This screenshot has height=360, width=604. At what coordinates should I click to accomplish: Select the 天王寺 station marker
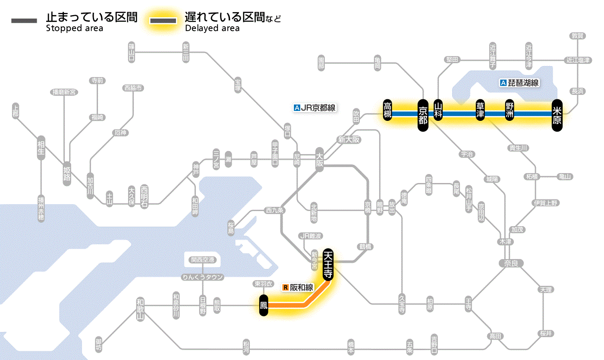(328, 264)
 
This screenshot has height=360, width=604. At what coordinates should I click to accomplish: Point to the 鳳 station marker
(263, 306)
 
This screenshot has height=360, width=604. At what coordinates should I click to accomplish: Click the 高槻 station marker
(388, 110)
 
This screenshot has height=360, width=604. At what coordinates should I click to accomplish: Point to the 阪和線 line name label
(302, 287)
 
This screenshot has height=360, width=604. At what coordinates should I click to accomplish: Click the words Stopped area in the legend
(74, 28)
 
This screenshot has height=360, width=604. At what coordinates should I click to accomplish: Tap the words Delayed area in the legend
(212, 28)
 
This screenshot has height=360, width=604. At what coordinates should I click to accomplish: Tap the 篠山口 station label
(132, 51)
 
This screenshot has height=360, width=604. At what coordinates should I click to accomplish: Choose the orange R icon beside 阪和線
(285, 287)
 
